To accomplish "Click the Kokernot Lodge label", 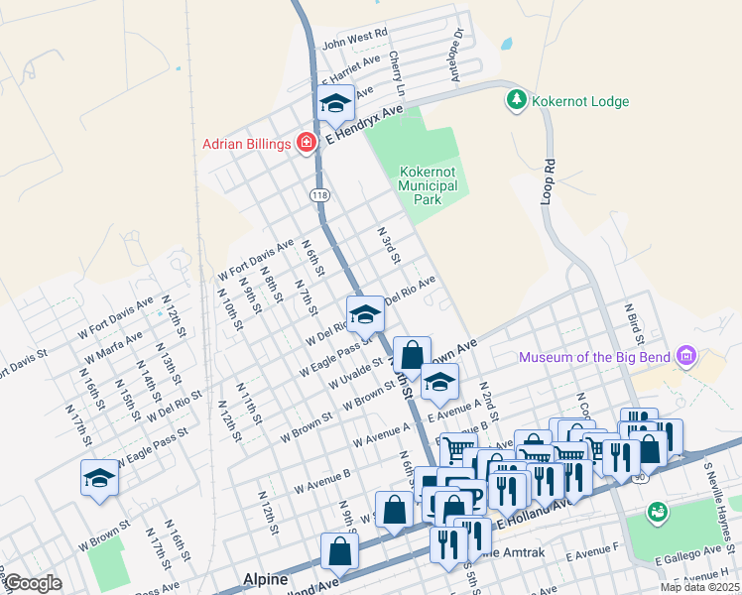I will click(579, 101).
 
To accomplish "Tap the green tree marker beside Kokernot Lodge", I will click(516, 100).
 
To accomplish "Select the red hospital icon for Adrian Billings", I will click(307, 144).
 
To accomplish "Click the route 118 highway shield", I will click(319, 195).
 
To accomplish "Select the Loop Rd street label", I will click(548, 176).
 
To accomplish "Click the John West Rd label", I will click(354, 42).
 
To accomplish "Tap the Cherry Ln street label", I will click(398, 73).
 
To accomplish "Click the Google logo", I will click(32, 583).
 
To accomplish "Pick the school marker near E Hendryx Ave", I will click(335, 102).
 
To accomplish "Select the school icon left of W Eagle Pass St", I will click(99, 478).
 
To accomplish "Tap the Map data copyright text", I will click(699, 587).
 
